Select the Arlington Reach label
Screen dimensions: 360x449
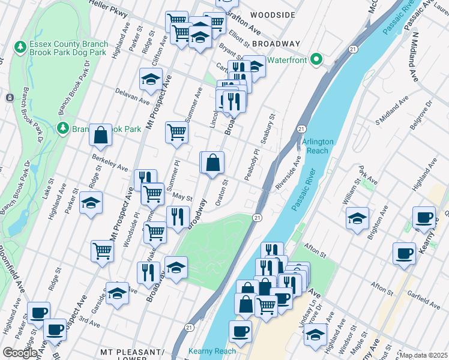point(318,146)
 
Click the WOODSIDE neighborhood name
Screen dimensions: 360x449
point(273,14)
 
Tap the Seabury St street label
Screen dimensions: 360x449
point(267,128)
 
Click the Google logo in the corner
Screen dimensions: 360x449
point(20,353)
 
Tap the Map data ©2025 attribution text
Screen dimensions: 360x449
point(423,355)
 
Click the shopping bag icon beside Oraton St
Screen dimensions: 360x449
point(212,163)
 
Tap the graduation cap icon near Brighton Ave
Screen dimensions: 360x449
point(357,218)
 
